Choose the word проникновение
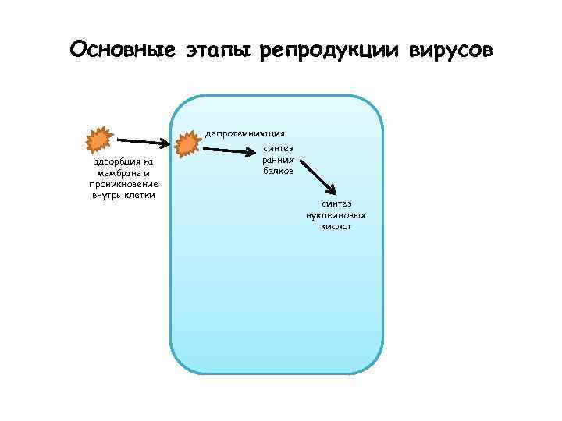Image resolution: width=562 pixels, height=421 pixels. tap(123, 184)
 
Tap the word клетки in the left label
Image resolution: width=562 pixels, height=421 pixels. tap(140, 195)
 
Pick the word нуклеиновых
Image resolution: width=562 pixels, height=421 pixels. tap(336, 214)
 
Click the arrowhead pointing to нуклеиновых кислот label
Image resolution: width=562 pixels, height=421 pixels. tap(333, 189)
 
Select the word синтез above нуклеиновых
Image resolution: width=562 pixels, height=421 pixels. tap(336, 203)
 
